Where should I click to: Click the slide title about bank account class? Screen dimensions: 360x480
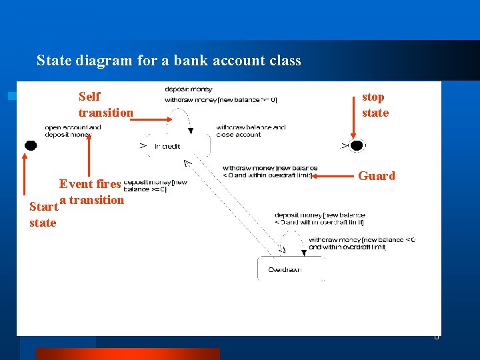[x=169, y=61]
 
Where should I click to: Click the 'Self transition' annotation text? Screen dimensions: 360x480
[x=105, y=105]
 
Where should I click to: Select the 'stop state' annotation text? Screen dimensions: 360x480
[x=375, y=105]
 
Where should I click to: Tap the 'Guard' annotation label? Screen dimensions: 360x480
[x=377, y=176]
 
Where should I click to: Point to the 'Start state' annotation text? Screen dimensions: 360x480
[x=43, y=215]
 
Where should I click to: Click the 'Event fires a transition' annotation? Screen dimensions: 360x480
[x=91, y=191]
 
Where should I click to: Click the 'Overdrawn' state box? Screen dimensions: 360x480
[x=291, y=269]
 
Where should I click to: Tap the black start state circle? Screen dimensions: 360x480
[x=29, y=145]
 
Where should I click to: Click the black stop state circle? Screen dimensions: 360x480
[x=357, y=145]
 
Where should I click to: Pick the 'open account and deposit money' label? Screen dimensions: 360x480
[x=73, y=131]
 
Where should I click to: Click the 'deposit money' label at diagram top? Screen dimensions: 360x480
[x=189, y=89]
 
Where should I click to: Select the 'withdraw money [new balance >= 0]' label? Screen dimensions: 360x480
[x=221, y=100]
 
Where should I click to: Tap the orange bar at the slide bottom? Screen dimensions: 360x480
[x=127, y=354]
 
